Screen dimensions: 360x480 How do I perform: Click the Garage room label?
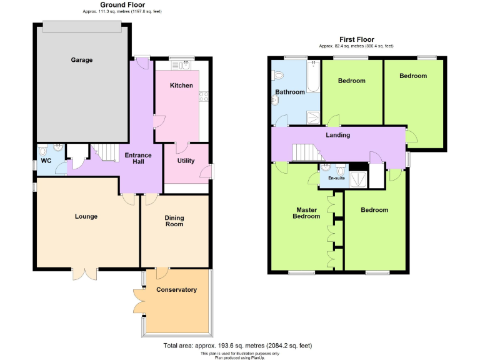tap(81, 61)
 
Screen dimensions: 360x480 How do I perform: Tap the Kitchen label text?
tap(181, 86)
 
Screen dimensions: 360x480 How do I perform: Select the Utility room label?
tap(186, 161)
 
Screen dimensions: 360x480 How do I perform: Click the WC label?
tap(46, 161)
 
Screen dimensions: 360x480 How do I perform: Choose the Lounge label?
tap(86, 217)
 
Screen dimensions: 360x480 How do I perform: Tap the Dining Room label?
tap(174, 221)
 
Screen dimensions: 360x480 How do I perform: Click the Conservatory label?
tap(176, 289)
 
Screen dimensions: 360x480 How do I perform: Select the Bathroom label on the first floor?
tap(290, 92)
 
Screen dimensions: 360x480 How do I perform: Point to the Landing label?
tap(337, 135)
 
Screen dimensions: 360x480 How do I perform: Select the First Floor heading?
tap(356, 39)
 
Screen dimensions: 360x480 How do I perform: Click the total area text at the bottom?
tap(237, 346)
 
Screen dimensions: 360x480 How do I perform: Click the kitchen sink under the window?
tap(182, 64)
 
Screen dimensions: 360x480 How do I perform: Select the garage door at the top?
tap(82, 26)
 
